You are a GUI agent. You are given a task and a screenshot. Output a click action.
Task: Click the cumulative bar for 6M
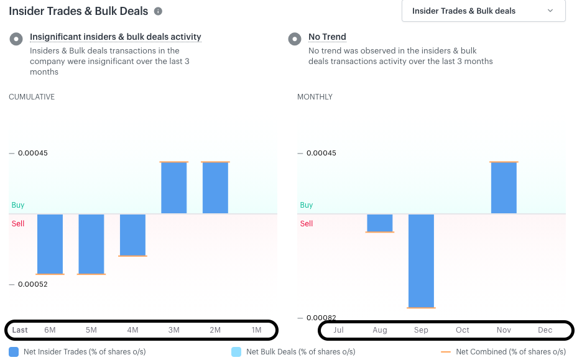[50, 244]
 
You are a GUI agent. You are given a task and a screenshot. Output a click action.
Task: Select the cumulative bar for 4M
[132, 234]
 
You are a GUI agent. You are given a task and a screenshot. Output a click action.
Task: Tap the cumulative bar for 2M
[215, 188]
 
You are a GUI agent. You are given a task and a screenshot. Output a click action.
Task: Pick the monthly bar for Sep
[421, 261]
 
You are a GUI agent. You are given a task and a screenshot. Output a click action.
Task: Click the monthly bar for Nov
[504, 188]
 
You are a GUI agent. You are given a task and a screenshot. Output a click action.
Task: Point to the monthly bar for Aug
[380, 223]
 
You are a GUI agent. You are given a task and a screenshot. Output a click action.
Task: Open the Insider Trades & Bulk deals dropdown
[483, 11]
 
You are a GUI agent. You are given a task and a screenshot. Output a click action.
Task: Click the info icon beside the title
[158, 11]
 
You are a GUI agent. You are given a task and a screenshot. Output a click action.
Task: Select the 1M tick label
[256, 330]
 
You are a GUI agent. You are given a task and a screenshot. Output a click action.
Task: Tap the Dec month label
[545, 330]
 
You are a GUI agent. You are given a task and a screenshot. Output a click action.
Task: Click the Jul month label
[338, 330]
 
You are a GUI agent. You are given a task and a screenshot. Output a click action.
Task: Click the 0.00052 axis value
[33, 284]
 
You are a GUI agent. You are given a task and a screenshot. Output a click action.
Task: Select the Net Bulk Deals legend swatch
[236, 352]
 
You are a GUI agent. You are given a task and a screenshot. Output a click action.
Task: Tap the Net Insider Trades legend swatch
[14, 352]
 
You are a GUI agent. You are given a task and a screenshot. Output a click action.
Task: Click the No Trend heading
[327, 37]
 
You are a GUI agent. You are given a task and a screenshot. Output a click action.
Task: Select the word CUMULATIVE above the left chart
[32, 97]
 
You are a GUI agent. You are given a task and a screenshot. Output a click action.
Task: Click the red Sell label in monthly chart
[307, 223]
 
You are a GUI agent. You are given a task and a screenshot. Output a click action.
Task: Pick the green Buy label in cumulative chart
[18, 205]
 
